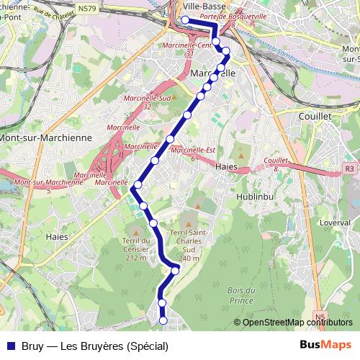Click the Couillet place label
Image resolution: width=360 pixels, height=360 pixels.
315,114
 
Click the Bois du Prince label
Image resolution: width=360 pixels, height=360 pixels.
240,294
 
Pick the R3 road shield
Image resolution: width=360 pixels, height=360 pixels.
350,168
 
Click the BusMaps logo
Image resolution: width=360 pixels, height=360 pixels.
326,345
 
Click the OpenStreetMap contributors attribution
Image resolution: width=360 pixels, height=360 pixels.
297,322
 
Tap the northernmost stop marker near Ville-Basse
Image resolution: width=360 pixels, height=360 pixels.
185,19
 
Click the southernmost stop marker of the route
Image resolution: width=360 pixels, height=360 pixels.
163,320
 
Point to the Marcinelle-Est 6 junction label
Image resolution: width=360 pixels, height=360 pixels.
193,153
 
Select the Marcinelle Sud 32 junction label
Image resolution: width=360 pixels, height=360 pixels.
147,102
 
